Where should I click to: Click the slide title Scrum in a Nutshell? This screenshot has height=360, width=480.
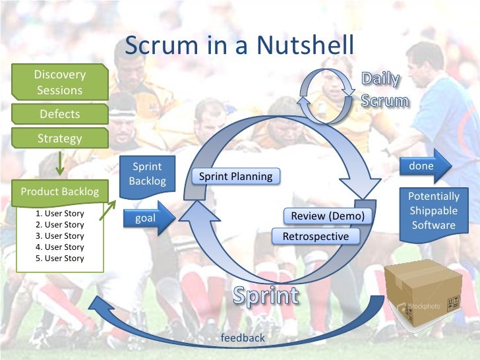coord(239,45)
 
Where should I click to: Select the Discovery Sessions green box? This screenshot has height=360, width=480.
coord(59,82)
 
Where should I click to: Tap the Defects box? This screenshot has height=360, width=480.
coord(59,114)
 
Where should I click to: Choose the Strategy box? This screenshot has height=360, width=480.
coord(59,138)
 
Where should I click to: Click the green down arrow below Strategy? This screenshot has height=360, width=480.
coord(59,163)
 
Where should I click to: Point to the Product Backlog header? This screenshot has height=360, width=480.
coord(59,192)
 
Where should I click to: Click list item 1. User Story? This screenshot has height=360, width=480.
coord(60,214)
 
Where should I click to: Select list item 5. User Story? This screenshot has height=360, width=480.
coord(60,258)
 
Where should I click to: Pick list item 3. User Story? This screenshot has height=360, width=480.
coord(60,235)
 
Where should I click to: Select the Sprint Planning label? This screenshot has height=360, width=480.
coord(235,176)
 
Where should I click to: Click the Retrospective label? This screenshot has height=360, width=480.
coord(315,236)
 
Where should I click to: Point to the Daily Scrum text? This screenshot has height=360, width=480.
coord(384,91)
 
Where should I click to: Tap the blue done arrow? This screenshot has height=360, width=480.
coord(425,166)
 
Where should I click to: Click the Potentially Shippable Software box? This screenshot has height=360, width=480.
coord(433,211)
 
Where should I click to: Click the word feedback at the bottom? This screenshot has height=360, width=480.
coord(243,338)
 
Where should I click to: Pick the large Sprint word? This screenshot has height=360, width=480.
coord(266,296)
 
